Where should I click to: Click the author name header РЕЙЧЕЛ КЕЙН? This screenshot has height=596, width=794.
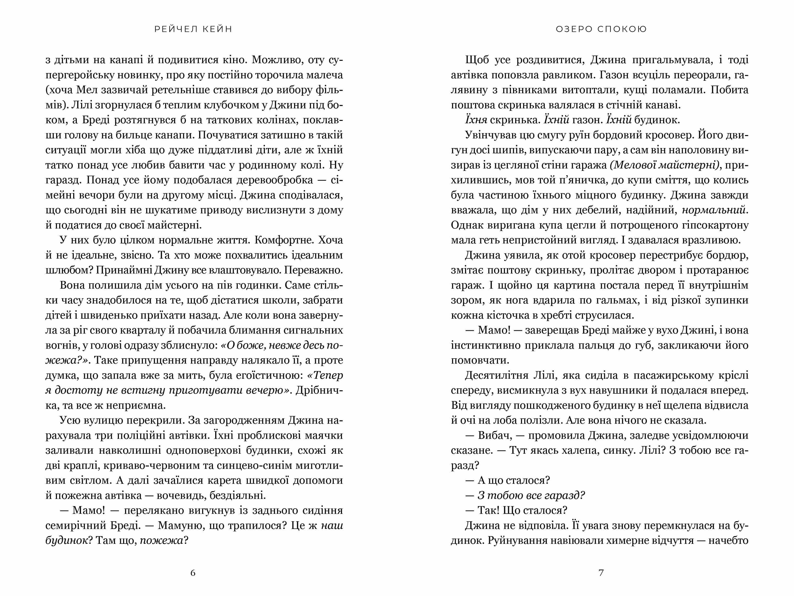pos(193,29)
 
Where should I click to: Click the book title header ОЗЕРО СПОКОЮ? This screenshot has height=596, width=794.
pos(601,29)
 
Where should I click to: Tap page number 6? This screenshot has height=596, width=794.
pos(193,573)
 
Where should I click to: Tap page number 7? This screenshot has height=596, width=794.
pos(601,573)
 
